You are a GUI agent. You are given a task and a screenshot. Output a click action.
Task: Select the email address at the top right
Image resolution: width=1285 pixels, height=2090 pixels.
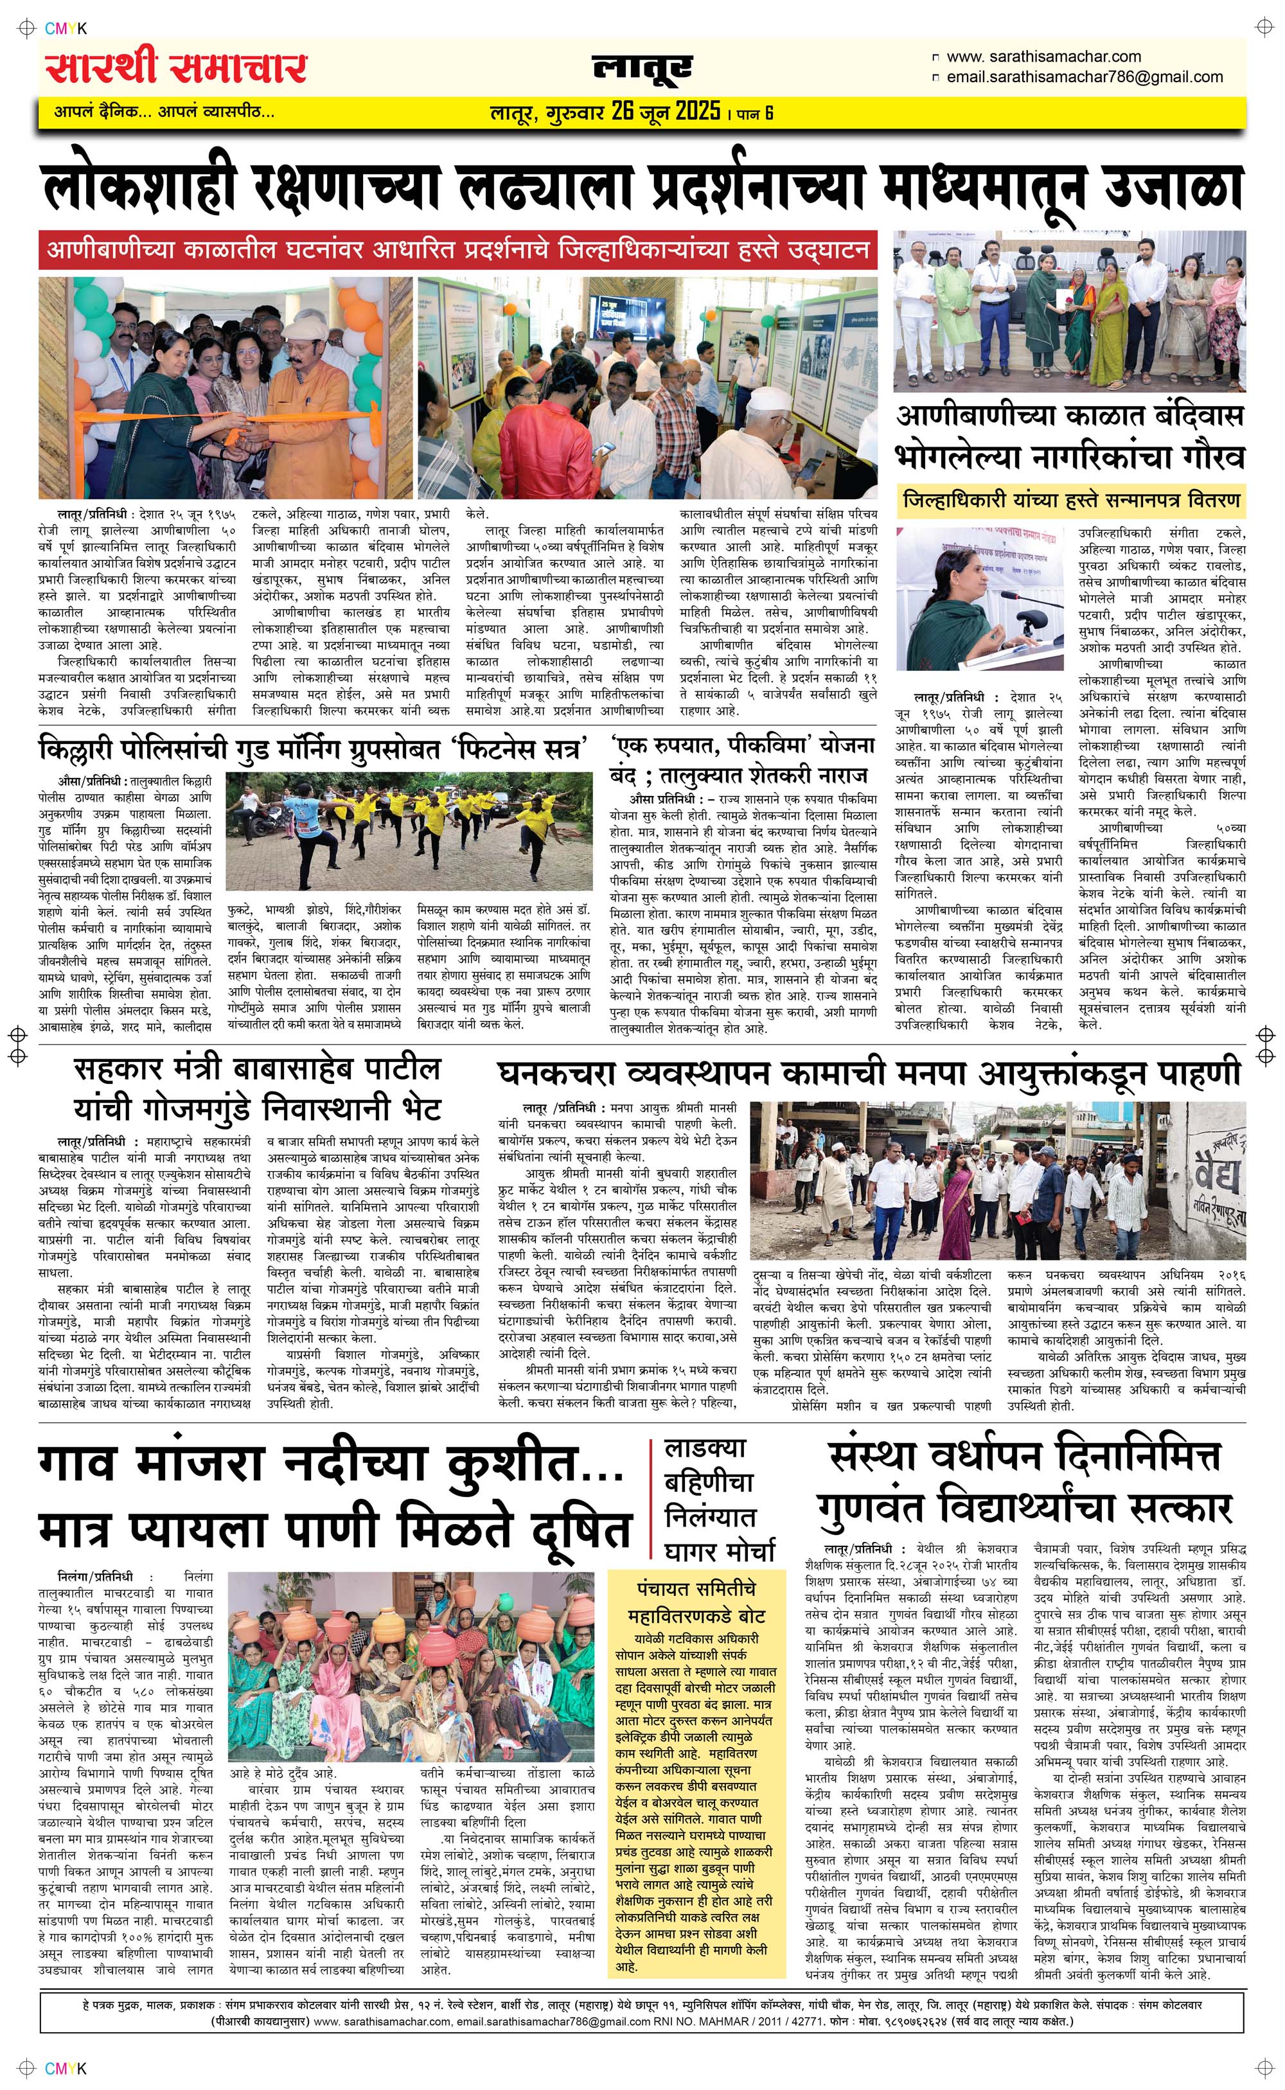1084,76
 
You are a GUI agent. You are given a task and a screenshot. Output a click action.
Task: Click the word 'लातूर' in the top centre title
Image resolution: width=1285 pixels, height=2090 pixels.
642,69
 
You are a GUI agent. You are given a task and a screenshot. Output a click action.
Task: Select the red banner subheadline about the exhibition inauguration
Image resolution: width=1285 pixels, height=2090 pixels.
458,251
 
